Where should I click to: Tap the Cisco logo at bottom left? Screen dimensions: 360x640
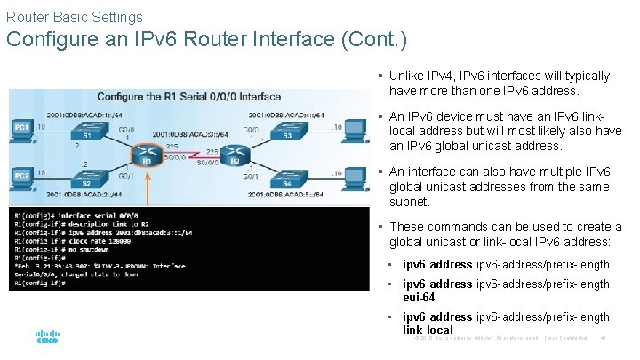(x=47, y=337)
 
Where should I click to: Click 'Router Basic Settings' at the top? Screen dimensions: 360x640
(x=74, y=17)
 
